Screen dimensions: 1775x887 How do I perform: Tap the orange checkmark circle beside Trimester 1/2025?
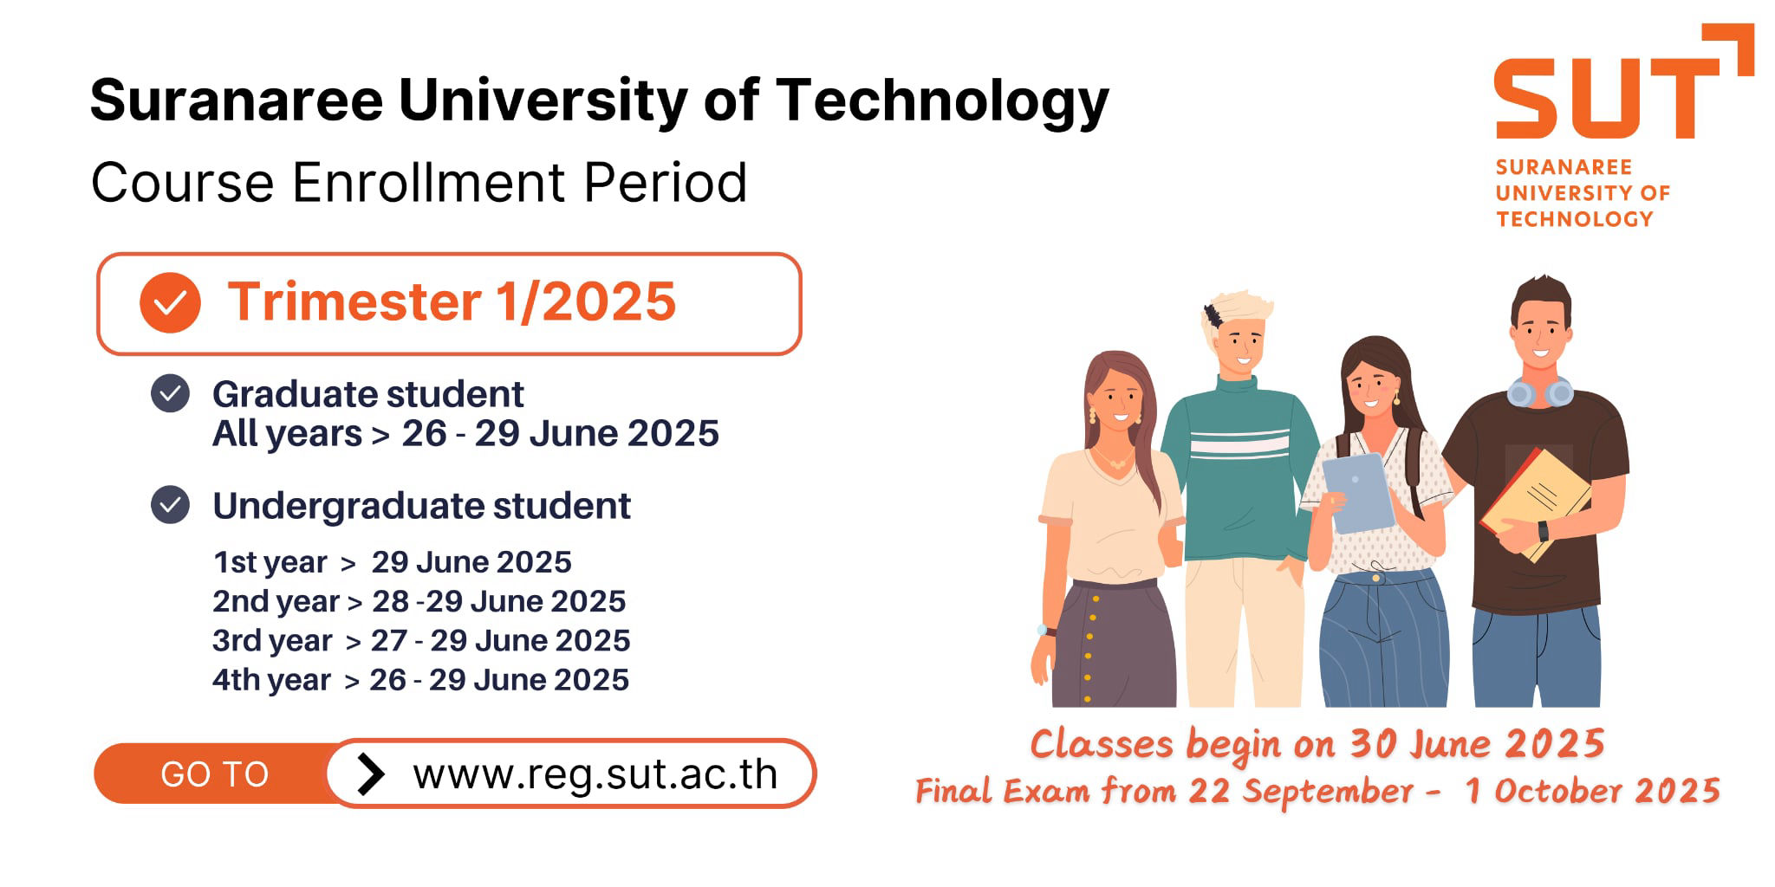[170, 302]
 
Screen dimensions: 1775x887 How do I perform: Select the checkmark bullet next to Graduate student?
[170, 394]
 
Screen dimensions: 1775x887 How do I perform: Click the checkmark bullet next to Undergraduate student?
[170, 505]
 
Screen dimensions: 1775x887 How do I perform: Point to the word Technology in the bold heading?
[942, 102]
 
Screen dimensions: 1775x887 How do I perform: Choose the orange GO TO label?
[215, 774]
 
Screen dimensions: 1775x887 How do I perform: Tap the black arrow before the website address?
[370, 774]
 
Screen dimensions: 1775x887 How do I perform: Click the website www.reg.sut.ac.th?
[595, 774]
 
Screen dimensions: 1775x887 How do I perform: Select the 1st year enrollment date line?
[393, 563]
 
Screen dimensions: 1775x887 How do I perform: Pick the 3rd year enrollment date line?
[421, 641]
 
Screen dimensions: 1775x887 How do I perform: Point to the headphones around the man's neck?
[1540, 392]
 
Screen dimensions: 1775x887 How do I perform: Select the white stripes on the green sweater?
[1239, 443]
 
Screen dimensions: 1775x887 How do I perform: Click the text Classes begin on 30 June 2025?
[1317, 744]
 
